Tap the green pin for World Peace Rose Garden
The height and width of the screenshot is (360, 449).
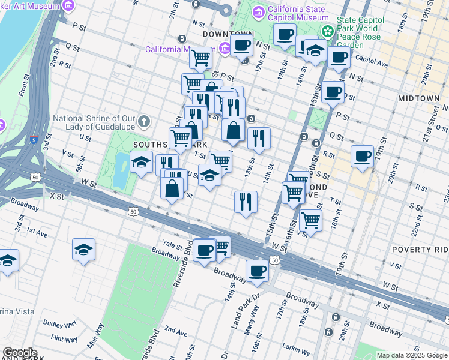pyautogui.click(x=327, y=31)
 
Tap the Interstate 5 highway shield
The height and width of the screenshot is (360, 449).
pyautogui.click(x=32, y=140)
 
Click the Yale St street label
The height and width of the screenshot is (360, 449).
pyautogui.click(x=173, y=244)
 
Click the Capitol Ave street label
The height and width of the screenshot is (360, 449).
pyautogui.click(x=369, y=59)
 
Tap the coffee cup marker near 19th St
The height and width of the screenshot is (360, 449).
pyautogui.click(x=362, y=157)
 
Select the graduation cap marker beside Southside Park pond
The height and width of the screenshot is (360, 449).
pyautogui.click(x=141, y=163)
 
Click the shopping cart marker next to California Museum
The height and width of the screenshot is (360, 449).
pyautogui.click(x=200, y=58)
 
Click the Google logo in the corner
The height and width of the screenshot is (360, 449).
pyautogui.click(x=20, y=353)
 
